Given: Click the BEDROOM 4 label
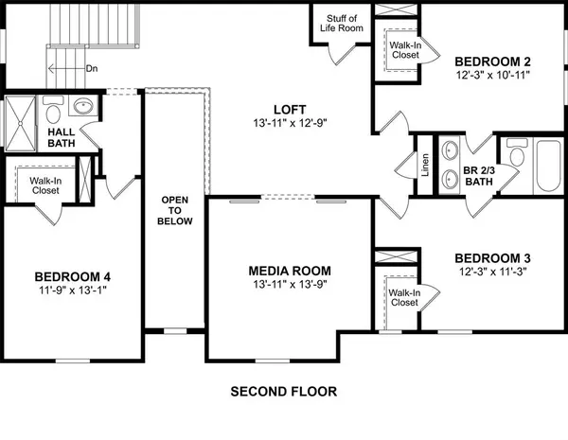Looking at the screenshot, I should (x=73, y=276).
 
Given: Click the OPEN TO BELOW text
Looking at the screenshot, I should (x=176, y=210).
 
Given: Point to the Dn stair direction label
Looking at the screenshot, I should (x=92, y=68).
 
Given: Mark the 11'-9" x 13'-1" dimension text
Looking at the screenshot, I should (x=73, y=291).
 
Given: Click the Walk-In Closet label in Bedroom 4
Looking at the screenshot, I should (x=45, y=185).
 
